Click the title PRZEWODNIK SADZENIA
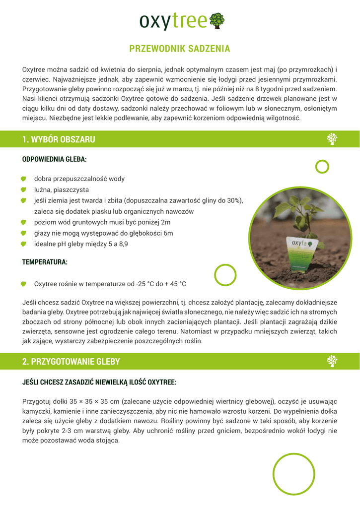pyautogui.click(x=180, y=49)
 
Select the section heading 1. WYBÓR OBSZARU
pyautogui.click(x=59, y=139)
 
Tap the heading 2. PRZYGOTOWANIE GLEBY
pyautogui.click(x=71, y=362)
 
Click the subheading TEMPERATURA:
pyautogui.click(x=45, y=261)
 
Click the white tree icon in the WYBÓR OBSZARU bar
pyautogui.click(x=332, y=139)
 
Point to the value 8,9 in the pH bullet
pyautogui.click(x=122, y=244)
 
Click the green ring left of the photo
pyautogui.click(x=225, y=274)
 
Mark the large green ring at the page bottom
pyautogui.click(x=294, y=474)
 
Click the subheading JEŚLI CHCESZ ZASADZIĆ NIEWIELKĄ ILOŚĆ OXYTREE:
pyautogui.click(x=99, y=382)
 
